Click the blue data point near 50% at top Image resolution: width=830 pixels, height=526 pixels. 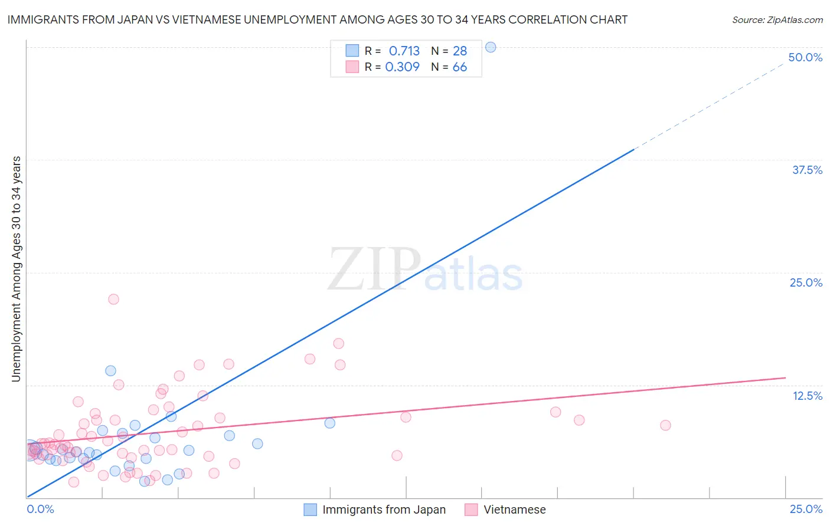pyautogui.click(x=490, y=47)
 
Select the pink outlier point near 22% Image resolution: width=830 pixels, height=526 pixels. pyautogui.click(x=113, y=299)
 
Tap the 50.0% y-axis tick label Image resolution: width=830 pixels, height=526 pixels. pyautogui.click(x=805, y=57)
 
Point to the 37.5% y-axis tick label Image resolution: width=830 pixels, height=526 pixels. pyautogui.click(x=807, y=170)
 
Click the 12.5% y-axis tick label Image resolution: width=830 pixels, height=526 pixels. pyautogui.click(x=807, y=396)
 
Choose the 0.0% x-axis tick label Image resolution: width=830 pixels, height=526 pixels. pyautogui.click(x=40, y=509)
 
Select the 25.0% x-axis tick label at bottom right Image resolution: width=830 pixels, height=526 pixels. pyautogui.click(x=806, y=509)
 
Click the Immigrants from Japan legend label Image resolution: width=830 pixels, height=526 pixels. pyautogui.click(x=384, y=509)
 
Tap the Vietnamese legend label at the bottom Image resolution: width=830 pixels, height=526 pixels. pyautogui.click(x=514, y=509)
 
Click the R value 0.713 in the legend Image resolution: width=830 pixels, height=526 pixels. pyautogui.click(x=404, y=51)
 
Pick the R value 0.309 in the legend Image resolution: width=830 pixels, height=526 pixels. pyautogui.click(x=402, y=67)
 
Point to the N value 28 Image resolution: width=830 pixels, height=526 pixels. pyautogui.click(x=459, y=51)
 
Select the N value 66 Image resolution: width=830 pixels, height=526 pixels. pyautogui.click(x=459, y=67)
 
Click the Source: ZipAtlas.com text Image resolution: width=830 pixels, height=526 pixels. pyautogui.click(x=777, y=19)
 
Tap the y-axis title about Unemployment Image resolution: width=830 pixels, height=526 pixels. pyautogui.click(x=16, y=269)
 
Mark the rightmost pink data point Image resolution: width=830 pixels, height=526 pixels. pyautogui.click(x=665, y=425)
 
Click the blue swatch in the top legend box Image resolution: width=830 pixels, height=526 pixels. pyautogui.click(x=352, y=51)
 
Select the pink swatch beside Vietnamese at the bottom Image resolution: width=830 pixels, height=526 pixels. pyautogui.click(x=470, y=509)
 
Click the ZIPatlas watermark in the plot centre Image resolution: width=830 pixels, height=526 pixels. pyautogui.click(x=425, y=271)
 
